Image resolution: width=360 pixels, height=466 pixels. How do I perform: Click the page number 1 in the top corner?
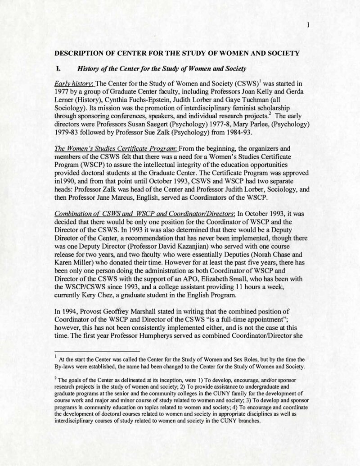(307, 25)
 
